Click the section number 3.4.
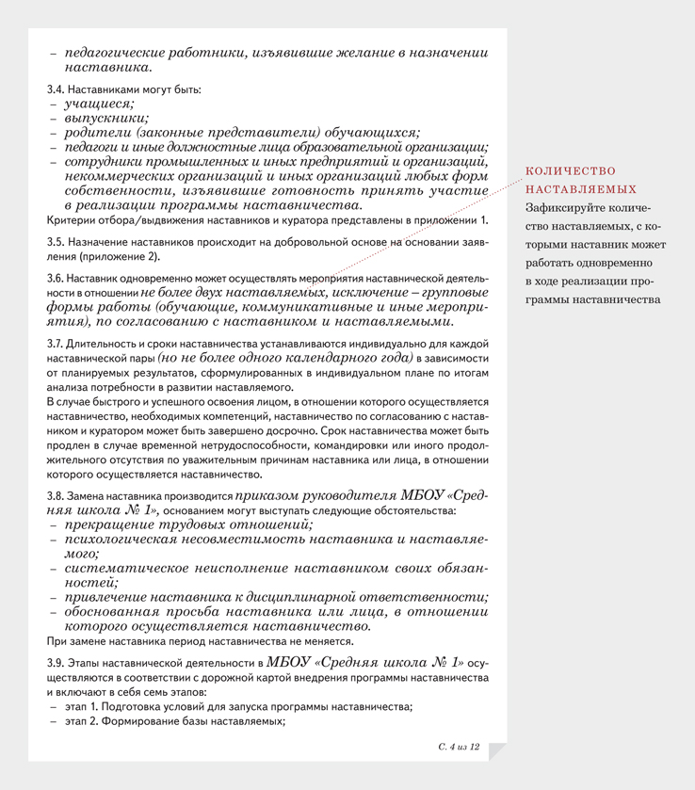56,90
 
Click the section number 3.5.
56,242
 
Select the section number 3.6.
56,280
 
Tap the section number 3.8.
56,495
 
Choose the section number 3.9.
56,664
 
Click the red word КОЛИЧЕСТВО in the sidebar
570,171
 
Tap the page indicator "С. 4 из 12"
460,746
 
